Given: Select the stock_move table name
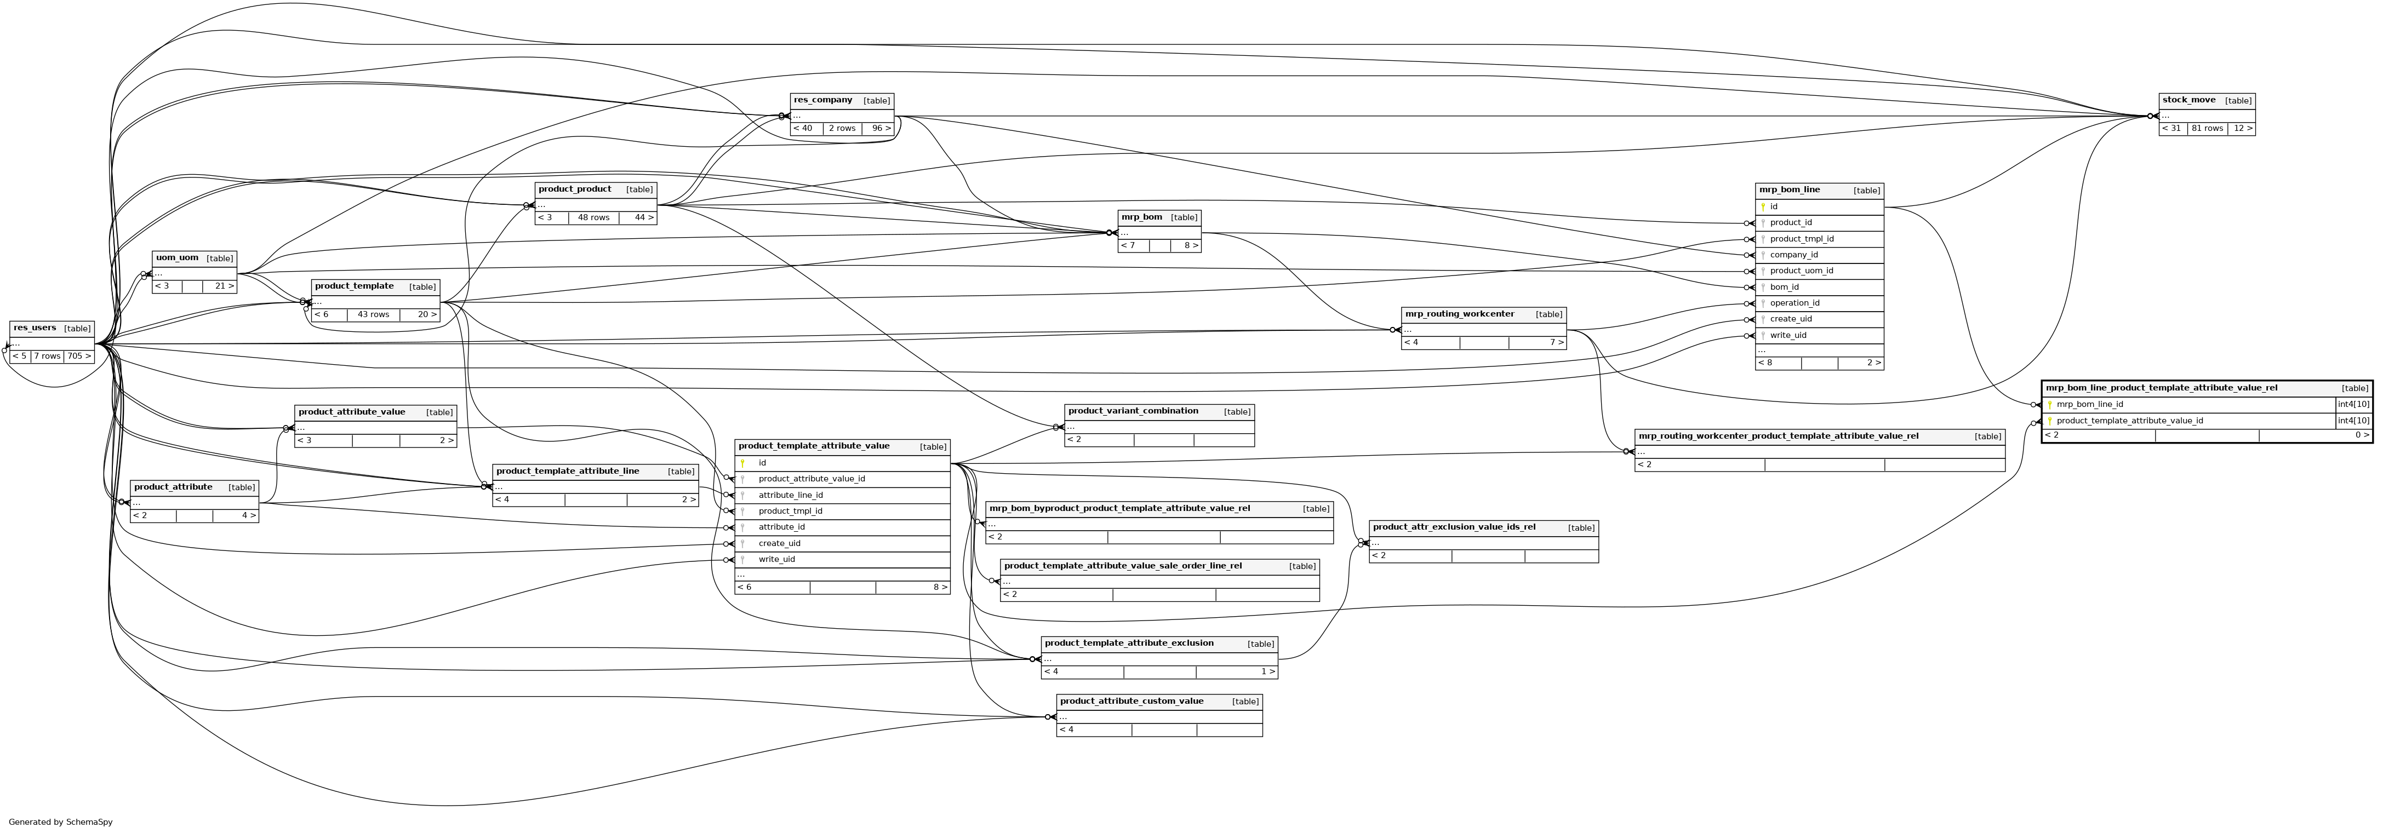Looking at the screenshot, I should pos(2188,100).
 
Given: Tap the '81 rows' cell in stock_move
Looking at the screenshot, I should pos(2207,129).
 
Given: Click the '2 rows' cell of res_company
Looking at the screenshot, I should pos(842,129).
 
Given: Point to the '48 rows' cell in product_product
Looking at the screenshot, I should pos(594,218).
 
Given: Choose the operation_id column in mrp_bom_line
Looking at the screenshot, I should pos(1795,303).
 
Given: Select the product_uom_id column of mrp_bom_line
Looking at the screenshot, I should pos(1801,271).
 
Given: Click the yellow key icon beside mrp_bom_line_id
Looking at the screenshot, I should pos(2050,405).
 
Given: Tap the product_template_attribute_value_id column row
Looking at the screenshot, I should pos(2129,421).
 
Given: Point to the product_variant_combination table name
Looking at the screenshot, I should pos(1133,411).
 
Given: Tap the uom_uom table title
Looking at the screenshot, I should pos(176,258).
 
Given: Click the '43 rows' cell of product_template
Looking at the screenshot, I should pos(374,314).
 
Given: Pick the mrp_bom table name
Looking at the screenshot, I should pos(1141,217).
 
